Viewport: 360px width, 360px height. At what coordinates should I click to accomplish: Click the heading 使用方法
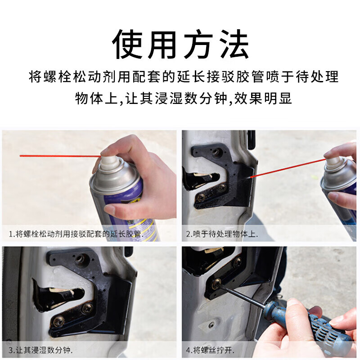(x=180, y=44)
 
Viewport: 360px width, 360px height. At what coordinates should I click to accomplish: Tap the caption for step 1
(x=76, y=234)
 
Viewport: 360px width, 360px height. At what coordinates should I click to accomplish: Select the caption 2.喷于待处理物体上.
(x=222, y=234)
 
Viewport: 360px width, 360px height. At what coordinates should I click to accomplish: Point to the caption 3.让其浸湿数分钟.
(x=40, y=350)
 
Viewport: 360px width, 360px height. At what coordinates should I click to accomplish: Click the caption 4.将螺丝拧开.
(x=210, y=350)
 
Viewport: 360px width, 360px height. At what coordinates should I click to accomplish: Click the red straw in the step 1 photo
(x=60, y=156)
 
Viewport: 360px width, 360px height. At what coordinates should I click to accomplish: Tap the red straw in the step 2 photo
(x=288, y=167)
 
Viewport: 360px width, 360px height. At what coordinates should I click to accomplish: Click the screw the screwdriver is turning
(x=216, y=283)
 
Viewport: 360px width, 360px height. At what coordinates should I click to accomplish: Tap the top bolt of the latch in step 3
(x=80, y=259)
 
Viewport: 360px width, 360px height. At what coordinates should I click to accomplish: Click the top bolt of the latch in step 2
(x=216, y=152)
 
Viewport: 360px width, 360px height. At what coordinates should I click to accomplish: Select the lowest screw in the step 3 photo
(x=58, y=321)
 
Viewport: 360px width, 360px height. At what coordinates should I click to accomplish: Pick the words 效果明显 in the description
(x=263, y=99)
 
